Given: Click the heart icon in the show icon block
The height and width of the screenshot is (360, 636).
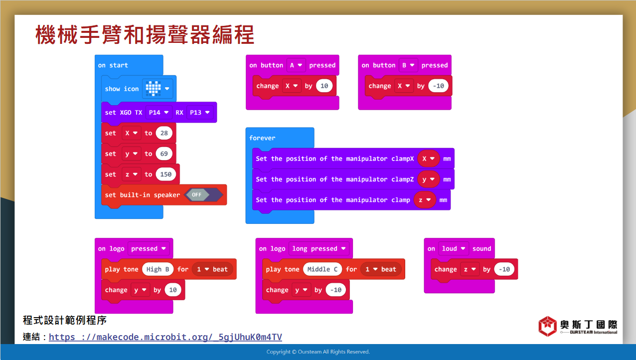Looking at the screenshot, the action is [x=154, y=89].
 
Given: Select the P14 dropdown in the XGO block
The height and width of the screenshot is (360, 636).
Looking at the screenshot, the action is [x=159, y=113].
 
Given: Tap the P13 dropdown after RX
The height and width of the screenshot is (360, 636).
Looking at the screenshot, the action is [x=199, y=113].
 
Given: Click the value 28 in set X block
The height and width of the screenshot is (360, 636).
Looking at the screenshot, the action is [x=164, y=133].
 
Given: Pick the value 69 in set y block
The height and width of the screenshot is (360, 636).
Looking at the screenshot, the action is [x=164, y=154].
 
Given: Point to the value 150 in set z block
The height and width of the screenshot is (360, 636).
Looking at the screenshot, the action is [x=166, y=174].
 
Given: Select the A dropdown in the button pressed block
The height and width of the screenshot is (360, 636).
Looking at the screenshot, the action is [x=296, y=65].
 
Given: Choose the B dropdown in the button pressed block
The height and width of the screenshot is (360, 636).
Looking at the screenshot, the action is [x=408, y=65].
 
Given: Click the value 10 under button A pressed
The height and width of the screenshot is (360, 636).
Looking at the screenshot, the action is [x=324, y=86].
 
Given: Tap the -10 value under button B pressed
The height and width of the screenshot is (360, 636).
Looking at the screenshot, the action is [x=439, y=86].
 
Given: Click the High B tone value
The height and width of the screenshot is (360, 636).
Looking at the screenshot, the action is [x=158, y=269].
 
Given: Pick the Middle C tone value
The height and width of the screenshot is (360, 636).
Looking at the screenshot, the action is [x=322, y=269].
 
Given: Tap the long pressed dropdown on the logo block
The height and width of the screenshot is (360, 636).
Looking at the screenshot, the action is [x=319, y=249].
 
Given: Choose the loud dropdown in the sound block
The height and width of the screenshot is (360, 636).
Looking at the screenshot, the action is [x=454, y=249].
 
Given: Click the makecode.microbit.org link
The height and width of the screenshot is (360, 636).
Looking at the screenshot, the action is [x=165, y=337].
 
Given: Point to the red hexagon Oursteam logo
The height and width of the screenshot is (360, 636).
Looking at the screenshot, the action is [x=547, y=326].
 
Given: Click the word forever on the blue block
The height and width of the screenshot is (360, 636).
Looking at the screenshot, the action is [x=262, y=138].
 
